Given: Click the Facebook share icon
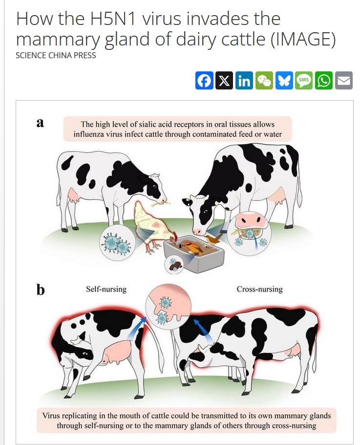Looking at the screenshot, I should click(x=204, y=80).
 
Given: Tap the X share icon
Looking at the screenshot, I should click(x=224, y=80).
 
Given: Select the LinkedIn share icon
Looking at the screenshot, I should click(x=244, y=80).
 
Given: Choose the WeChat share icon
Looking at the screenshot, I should click(x=264, y=80).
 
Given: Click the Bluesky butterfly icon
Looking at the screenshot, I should click(x=284, y=80).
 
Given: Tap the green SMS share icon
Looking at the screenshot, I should click(x=304, y=80).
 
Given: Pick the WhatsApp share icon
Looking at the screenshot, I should click(x=324, y=80).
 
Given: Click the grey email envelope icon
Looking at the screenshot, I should click(x=344, y=80).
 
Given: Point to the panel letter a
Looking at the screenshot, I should click(x=41, y=122).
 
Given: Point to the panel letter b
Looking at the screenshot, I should click(x=41, y=290).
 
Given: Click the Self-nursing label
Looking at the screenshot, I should click(x=106, y=289).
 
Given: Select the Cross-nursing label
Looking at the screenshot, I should click(x=259, y=289).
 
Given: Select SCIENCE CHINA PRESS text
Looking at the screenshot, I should click(x=56, y=55).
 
